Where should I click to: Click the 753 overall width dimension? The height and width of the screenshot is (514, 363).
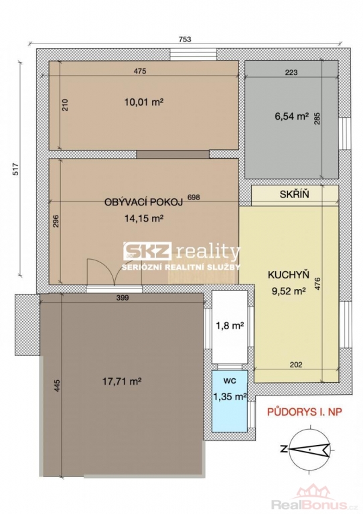185,39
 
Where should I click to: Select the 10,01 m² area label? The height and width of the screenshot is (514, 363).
144,102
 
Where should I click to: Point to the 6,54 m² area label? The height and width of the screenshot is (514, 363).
291,116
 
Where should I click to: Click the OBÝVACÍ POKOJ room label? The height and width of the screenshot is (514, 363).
143,202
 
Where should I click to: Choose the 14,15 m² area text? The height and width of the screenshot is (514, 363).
144,218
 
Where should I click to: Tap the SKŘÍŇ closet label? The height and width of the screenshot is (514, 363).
294,194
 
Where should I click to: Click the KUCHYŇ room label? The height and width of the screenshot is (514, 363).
289,274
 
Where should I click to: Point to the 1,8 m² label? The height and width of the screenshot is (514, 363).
230,325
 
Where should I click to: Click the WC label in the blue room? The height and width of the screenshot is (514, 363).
230,381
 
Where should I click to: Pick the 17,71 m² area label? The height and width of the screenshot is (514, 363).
122,381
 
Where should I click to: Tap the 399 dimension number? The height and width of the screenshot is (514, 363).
123,298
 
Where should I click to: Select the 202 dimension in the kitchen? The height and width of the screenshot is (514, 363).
296,364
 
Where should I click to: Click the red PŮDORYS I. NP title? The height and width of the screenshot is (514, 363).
305,412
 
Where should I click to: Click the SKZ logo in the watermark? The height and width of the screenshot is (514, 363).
147,251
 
